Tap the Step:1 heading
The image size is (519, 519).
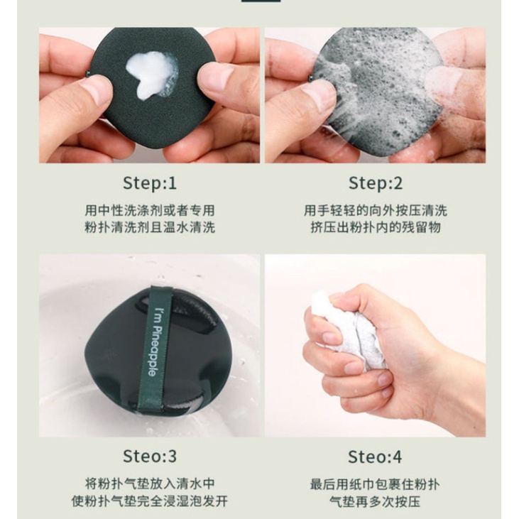pyautogui.click(x=150, y=183)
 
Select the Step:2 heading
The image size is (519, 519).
pyautogui.click(x=376, y=183)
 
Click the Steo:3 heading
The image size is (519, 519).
pyautogui.click(x=150, y=457)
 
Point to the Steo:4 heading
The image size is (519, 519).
pyautogui.click(x=375, y=457)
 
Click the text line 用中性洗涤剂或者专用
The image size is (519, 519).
pyautogui.click(x=150, y=211)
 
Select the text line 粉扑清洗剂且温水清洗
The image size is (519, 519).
pyautogui.click(x=150, y=227)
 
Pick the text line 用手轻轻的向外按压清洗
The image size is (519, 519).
pyautogui.click(x=376, y=211)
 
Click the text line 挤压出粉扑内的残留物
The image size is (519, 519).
pyautogui.click(x=376, y=227)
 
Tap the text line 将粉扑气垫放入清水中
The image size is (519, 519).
pyautogui.click(x=150, y=484)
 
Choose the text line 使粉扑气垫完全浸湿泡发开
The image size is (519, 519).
pyautogui.click(x=150, y=501)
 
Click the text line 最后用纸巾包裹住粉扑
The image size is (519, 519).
pyautogui.click(x=375, y=485)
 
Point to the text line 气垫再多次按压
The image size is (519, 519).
pyautogui.click(x=375, y=501)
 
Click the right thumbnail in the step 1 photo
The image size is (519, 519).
pyautogui.click(x=212, y=79)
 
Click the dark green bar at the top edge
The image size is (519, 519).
pyautogui.click(x=261, y=1)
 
